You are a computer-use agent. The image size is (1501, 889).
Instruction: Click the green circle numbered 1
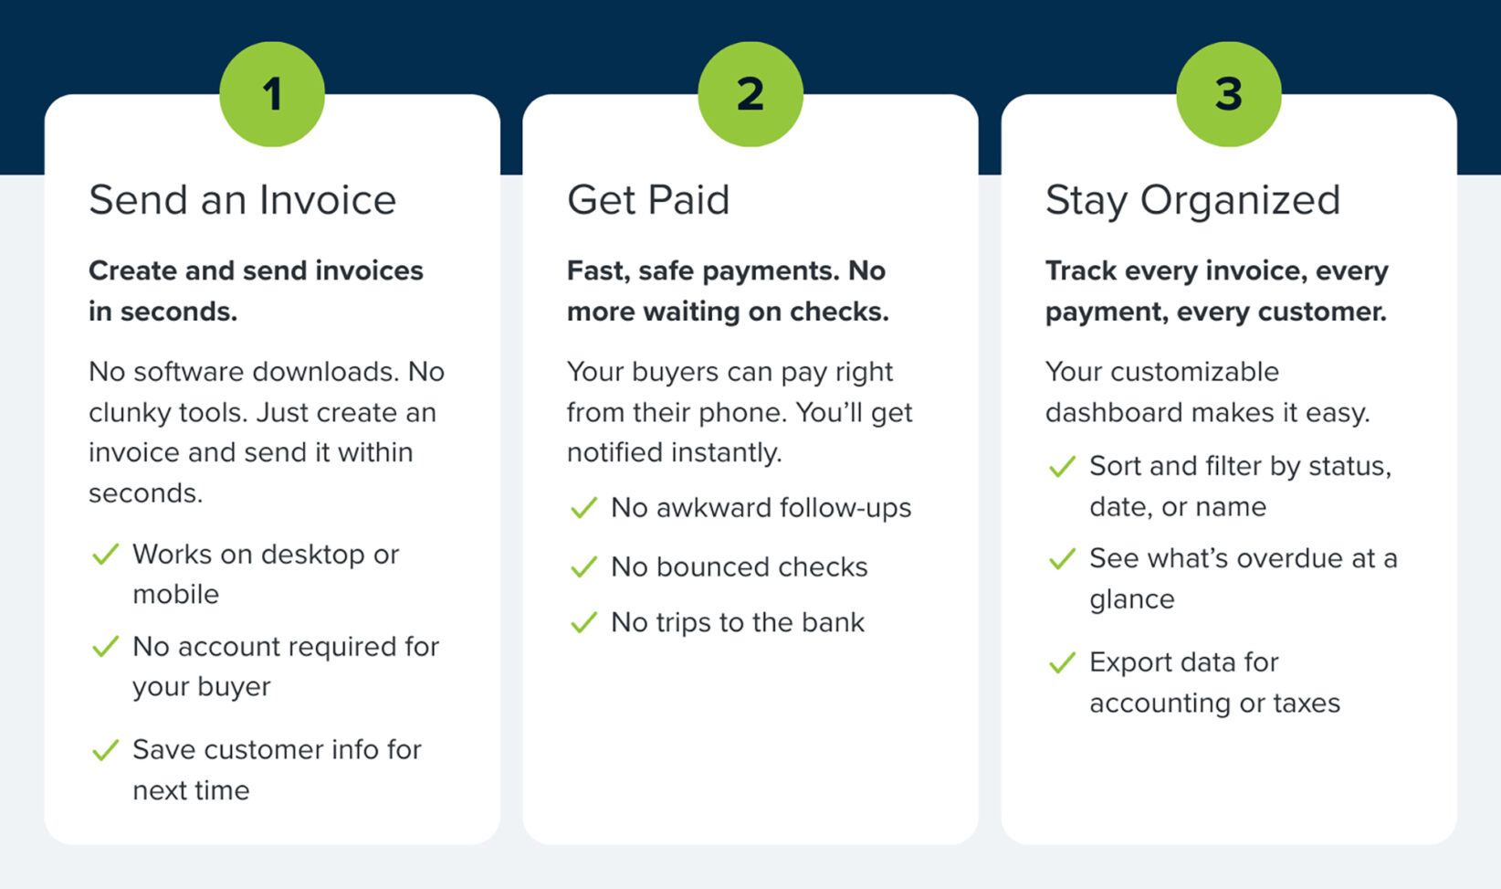[272, 94]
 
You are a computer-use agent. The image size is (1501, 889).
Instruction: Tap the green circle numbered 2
[750, 94]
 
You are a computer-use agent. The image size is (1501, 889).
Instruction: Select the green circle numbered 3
[1229, 94]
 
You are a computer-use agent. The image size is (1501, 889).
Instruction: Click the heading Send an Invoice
[243, 200]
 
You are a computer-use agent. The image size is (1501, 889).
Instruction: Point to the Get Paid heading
[648, 200]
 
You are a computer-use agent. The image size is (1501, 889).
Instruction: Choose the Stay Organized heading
[1192, 200]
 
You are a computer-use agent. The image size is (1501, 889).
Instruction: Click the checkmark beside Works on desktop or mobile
[106, 555]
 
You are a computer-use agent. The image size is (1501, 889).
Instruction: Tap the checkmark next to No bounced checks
[583, 567]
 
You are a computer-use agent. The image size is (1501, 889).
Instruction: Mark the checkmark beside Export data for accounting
[1062, 663]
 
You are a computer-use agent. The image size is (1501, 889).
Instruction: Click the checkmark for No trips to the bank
[583, 623]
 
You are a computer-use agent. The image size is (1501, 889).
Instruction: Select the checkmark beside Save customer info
[106, 750]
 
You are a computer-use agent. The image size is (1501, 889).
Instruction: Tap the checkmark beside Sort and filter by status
[1062, 467]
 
